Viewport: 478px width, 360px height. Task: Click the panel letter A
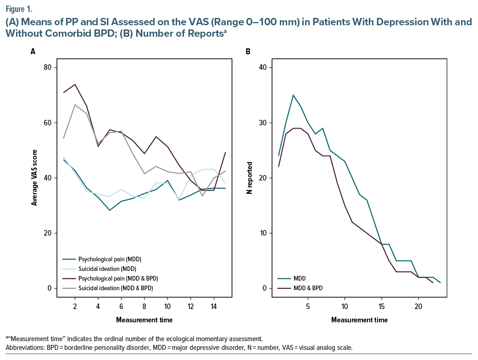(33, 51)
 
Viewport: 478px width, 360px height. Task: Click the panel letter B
(248, 51)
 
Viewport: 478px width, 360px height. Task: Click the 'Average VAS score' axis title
(34, 178)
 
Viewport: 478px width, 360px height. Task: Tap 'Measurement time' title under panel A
(145, 319)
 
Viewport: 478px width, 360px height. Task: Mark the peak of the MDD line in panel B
(293, 95)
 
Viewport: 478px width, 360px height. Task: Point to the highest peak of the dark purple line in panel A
(75, 84)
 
